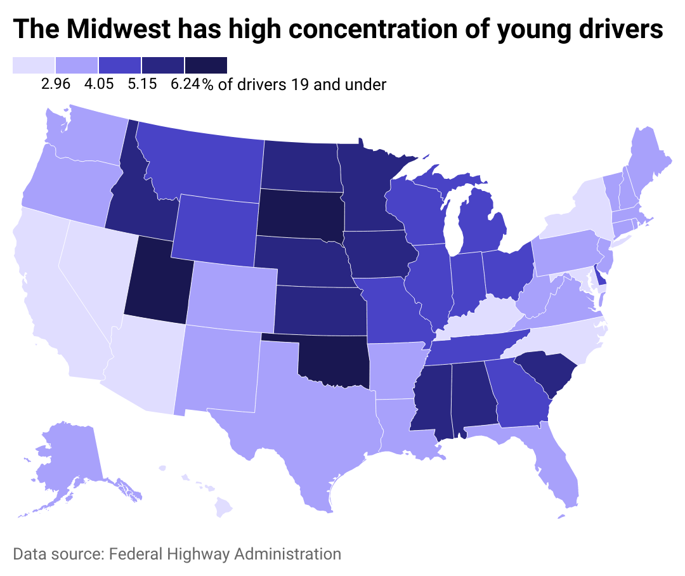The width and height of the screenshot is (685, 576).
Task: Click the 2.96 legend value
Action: [55, 84]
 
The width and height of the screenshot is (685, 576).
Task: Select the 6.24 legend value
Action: [185, 84]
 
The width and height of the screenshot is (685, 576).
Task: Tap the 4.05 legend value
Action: [99, 84]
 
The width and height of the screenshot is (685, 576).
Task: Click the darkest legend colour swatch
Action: [205, 65]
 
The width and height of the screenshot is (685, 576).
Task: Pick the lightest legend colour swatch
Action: [34, 65]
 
